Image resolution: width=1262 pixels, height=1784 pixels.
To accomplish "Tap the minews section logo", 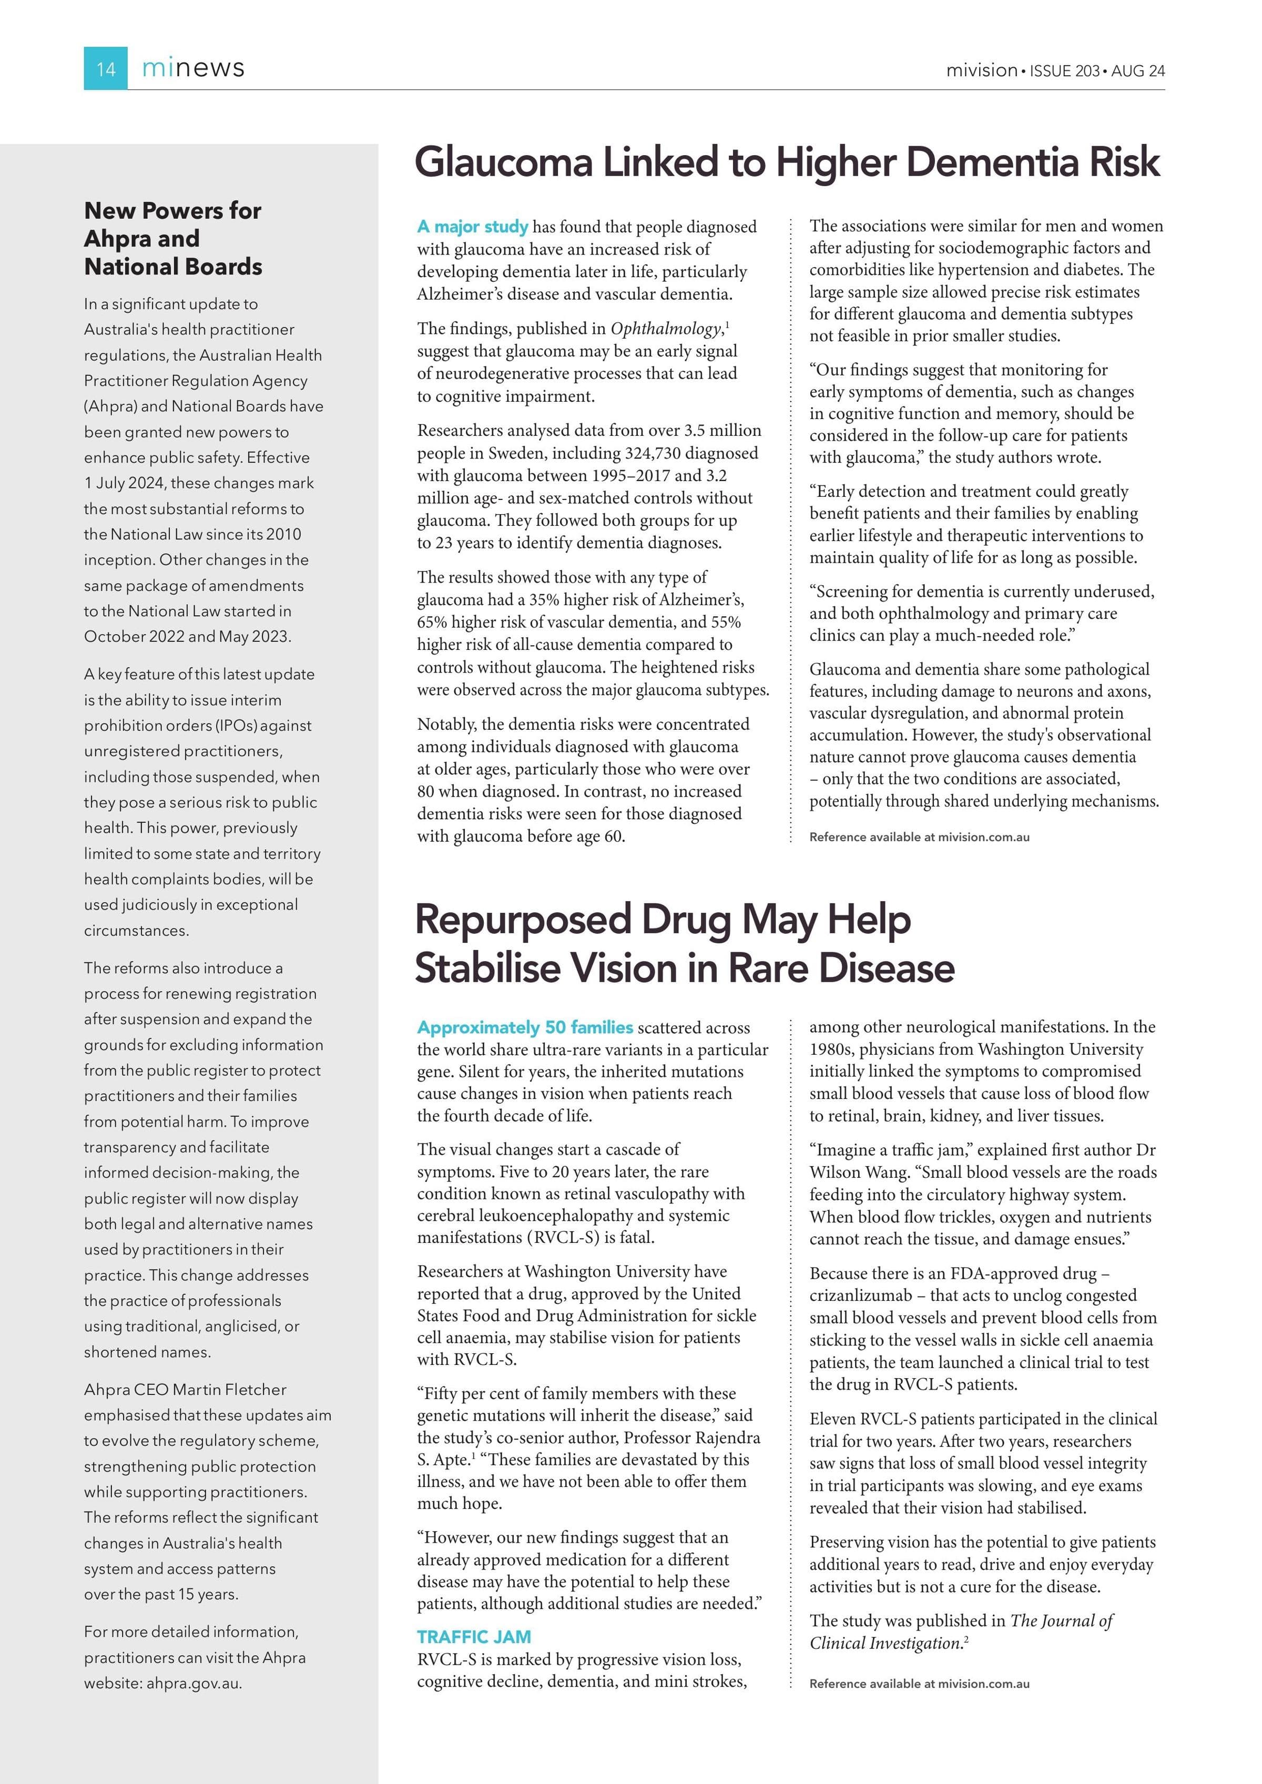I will [x=193, y=68].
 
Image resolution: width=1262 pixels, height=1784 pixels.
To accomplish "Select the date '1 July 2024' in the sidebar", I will [x=124, y=483].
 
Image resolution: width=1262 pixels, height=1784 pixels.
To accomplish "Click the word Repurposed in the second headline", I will [x=522, y=920].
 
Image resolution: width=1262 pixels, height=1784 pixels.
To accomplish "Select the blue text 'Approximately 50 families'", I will [x=525, y=1027].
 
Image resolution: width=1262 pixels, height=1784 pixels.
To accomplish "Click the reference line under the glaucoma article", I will [x=919, y=838].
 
